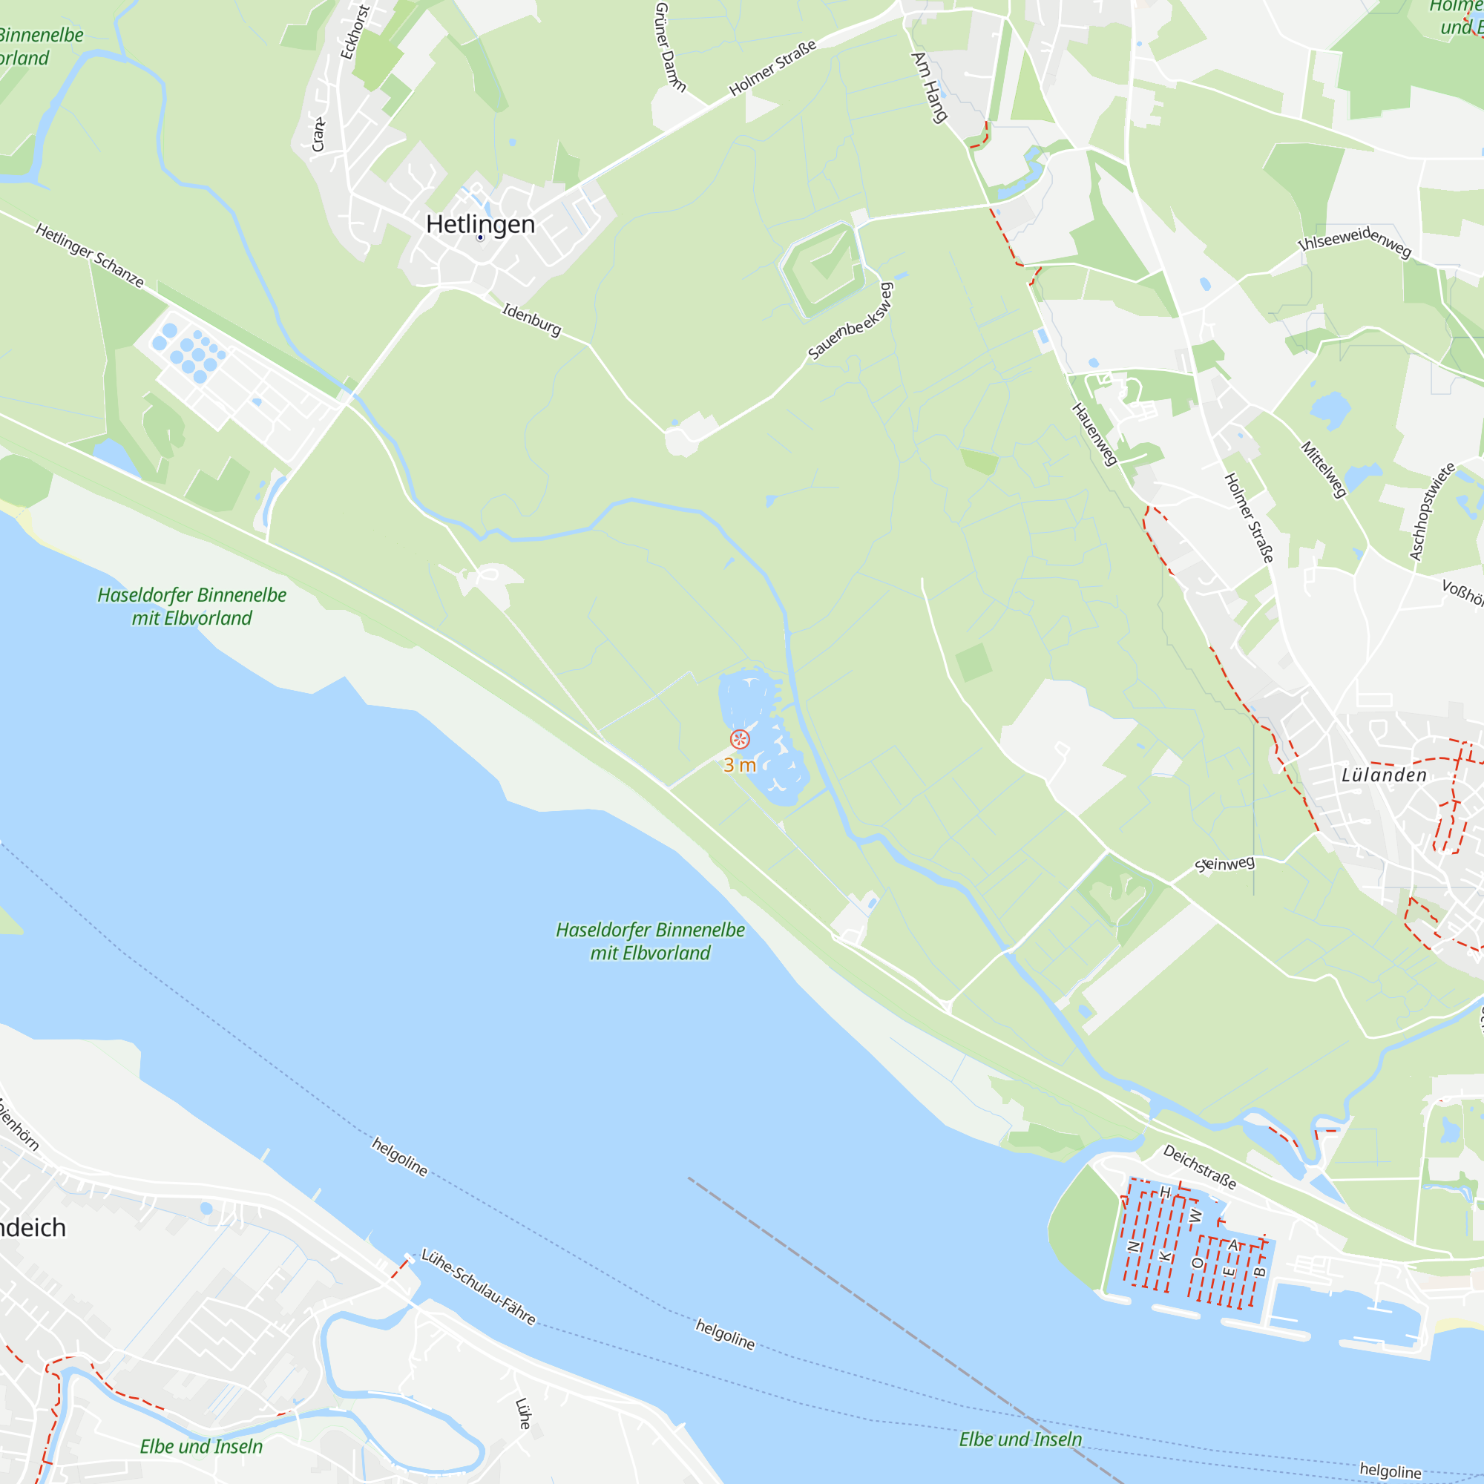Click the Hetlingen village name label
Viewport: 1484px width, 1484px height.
pos(480,224)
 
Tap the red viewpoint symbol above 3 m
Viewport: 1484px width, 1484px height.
pos(740,740)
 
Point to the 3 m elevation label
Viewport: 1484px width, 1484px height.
pos(740,765)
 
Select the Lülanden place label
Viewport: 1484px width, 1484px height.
pos(1384,775)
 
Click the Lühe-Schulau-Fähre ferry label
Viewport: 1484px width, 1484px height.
pos(479,1287)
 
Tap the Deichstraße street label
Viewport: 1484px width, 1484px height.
pos(1199,1166)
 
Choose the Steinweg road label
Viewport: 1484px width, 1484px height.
pos(1225,864)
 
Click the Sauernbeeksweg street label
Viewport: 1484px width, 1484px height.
pos(851,321)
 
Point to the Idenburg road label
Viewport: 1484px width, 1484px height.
pos(531,320)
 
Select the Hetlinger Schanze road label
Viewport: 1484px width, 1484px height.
pos(90,256)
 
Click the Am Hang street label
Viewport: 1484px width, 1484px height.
pos(930,87)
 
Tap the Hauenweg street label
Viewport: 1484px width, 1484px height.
pos(1094,434)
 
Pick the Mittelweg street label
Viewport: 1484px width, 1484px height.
pos(1324,468)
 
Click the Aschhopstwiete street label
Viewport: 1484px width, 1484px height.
pos(1432,511)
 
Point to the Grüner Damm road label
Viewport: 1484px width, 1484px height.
pos(670,46)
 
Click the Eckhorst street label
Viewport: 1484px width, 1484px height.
pos(355,32)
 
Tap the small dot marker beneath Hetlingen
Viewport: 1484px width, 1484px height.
pos(480,238)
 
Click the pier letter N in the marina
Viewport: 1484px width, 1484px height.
pos(1132,1247)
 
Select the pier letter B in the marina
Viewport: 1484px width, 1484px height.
pos(1259,1272)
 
